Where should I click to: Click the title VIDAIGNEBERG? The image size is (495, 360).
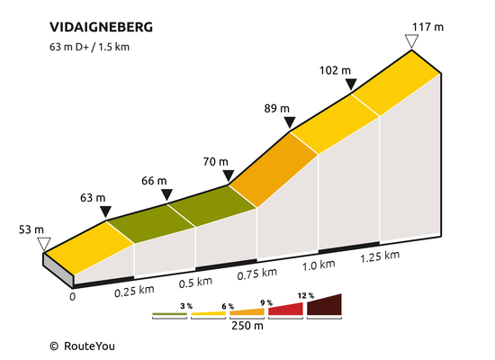pyautogui.click(x=101, y=27)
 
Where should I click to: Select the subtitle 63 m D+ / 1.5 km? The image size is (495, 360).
pyautogui.click(x=89, y=47)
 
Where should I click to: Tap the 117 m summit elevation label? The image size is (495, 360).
pyautogui.click(x=427, y=27)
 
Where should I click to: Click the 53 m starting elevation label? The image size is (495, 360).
pyautogui.click(x=31, y=229)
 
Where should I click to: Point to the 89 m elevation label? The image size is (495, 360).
pyautogui.click(x=277, y=109)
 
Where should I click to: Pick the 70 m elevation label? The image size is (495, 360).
pyautogui.click(x=216, y=162)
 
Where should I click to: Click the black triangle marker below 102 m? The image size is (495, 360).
pyautogui.click(x=351, y=85)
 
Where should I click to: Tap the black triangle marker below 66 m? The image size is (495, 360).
pyautogui.click(x=166, y=194)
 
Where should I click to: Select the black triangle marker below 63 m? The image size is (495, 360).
pyautogui.click(x=105, y=211)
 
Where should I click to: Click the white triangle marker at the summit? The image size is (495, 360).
pyautogui.click(x=411, y=41)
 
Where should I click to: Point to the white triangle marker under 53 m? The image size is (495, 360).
pyautogui.click(x=44, y=245)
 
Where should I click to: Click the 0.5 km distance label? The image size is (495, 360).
pyautogui.click(x=195, y=282)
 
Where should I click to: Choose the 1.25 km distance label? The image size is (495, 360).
pyautogui.click(x=380, y=256)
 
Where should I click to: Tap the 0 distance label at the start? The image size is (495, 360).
pyautogui.click(x=73, y=297)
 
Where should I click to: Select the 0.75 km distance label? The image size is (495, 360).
pyautogui.click(x=257, y=274)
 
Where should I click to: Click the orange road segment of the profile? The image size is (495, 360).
pyautogui.click(x=273, y=169)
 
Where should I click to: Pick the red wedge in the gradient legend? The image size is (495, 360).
pyautogui.click(x=285, y=309)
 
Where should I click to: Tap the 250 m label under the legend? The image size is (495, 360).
pyautogui.click(x=247, y=326)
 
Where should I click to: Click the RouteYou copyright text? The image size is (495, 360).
pyautogui.click(x=83, y=346)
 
